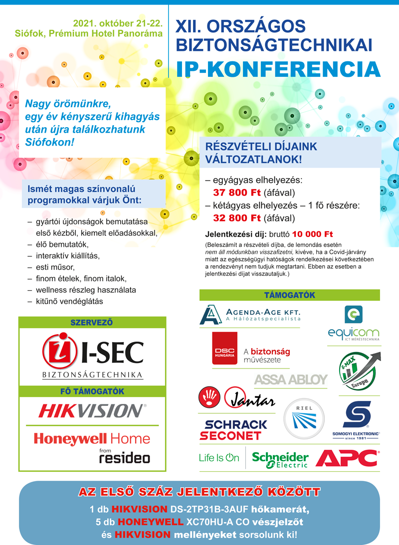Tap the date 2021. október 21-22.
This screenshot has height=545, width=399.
click(x=118, y=23)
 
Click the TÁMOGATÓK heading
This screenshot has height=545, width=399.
click(x=289, y=295)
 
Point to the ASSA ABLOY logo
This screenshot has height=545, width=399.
click(x=291, y=379)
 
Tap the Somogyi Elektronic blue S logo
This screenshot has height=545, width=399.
click(x=356, y=417)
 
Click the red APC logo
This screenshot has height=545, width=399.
click(x=347, y=457)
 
